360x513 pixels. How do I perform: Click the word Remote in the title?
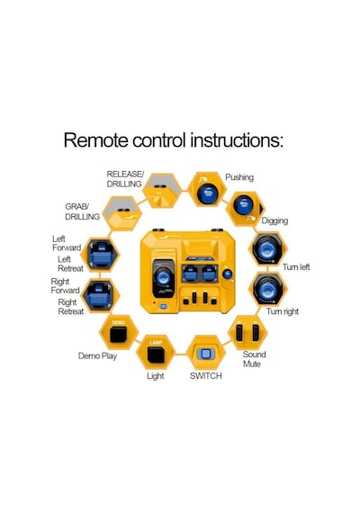pos(95,140)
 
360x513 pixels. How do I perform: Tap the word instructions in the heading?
pos(237,140)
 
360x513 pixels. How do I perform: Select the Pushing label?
pos(239,177)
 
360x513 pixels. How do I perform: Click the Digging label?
pos(274,220)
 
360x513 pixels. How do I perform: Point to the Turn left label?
pos(296,267)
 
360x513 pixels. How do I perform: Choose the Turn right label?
pos(282,311)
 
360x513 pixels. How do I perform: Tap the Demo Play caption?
pos(97,356)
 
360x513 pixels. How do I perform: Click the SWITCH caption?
pos(206,376)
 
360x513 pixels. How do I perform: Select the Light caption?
pos(156,376)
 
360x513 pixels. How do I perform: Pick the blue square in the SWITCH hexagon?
pos(205,354)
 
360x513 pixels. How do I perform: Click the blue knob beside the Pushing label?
pos(207,193)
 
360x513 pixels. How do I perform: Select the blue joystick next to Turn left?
pos(267,250)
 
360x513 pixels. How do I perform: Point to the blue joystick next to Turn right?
pos(267,289)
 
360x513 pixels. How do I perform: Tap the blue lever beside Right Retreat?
pos(98,295)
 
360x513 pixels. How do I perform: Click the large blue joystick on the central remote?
pos(163,277)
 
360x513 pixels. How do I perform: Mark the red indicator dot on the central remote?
pos(154,303)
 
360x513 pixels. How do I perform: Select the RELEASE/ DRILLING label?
pos(125,179)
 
